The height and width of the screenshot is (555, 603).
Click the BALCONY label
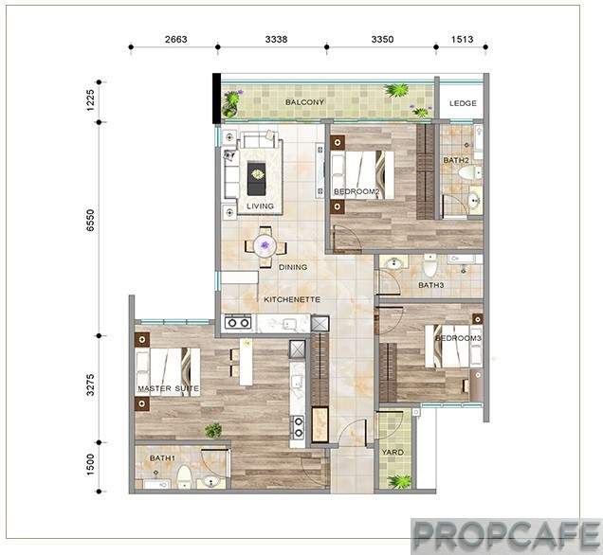pyautogui.click(x=304, y=102)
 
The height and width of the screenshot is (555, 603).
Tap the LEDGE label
pyautogui.click(x=463, y=103)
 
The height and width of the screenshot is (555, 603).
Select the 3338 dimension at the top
pyautogui.click(x=276, y=39)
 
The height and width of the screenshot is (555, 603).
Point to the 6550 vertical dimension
pyautogui.click(x=90, y=220)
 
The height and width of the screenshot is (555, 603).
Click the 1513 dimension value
pyautogui.click(x=462, y=39)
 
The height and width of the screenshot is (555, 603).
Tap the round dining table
pyautogui.click(x=265, y=246)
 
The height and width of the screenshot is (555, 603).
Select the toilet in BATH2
pyautogui.click(x=470, y=171)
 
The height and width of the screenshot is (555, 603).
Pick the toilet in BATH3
pyautogui.click(x=429, y=266)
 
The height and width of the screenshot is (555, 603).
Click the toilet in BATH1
pyautogui.click(x=184, y=476)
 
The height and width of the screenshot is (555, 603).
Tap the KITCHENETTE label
pyautogui.click(x=292, y=299)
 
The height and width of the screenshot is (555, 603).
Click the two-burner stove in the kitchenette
pyautogui.click(x=238, y=323)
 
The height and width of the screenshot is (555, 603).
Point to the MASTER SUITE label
pyautogui.click(x=169, y=388)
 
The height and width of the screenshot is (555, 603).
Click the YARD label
pyautogui.click(x=393, y=453)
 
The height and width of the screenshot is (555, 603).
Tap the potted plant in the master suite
pyautogui.click(x=213, y=431)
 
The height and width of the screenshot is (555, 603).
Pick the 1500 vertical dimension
pyautogui.click(x=90, y=464)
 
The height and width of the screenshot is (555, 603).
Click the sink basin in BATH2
pyautogui.click(x=475, y=200)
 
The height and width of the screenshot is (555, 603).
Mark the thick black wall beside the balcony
pyautogui.click(x=217, y=98)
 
